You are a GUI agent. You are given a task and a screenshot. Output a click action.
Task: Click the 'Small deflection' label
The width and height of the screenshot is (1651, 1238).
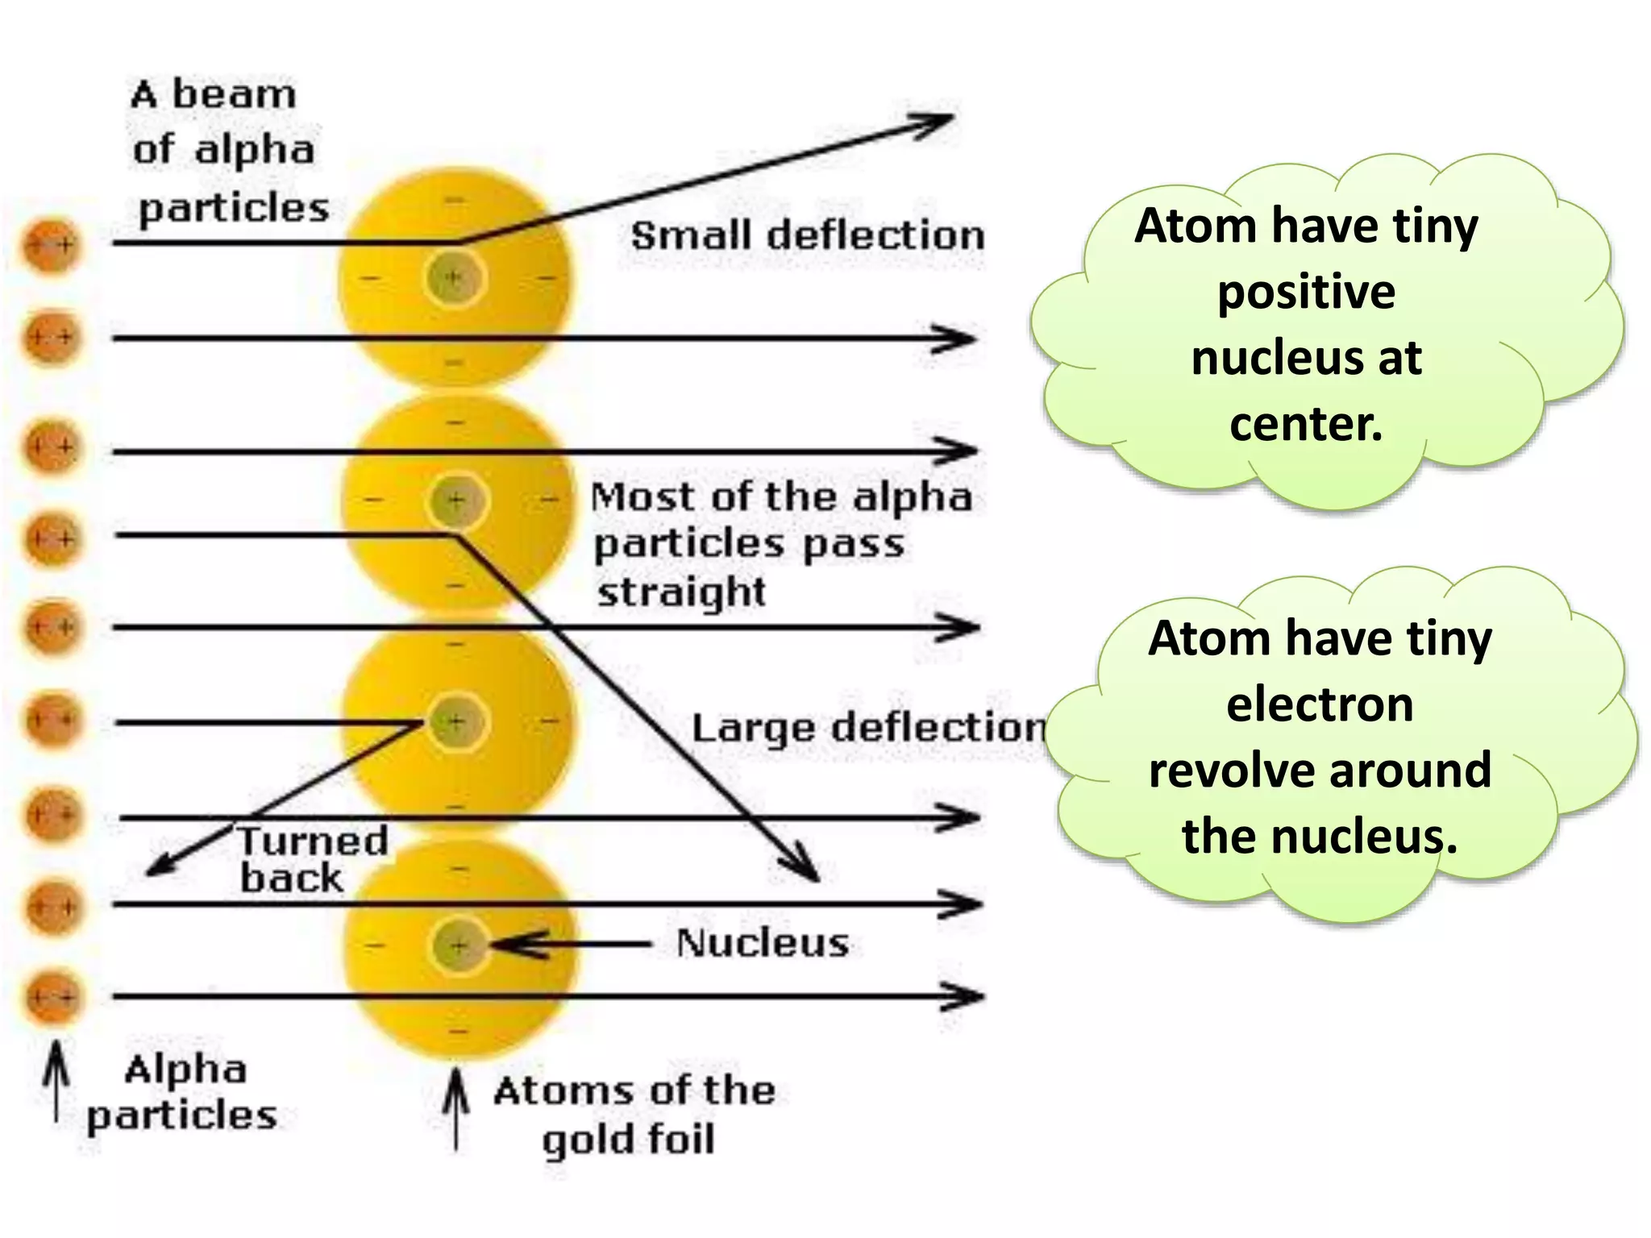807,235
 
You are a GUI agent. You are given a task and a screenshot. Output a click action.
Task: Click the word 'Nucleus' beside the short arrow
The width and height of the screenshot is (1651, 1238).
763,943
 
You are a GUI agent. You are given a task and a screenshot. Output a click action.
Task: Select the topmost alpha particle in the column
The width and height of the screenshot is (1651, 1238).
52,244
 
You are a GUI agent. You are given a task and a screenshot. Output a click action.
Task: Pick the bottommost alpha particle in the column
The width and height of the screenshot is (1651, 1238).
53,998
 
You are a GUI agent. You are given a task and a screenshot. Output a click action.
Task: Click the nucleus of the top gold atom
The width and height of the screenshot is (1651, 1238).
454,278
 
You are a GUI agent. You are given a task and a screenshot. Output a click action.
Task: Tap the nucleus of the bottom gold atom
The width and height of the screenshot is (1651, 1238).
459,945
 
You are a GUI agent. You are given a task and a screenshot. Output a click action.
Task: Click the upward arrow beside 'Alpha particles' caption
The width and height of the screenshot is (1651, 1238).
56,1080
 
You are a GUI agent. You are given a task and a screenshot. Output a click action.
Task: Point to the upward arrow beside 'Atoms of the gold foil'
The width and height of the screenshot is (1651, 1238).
456,1108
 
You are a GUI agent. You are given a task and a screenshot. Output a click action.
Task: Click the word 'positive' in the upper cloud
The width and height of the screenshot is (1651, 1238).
1306,291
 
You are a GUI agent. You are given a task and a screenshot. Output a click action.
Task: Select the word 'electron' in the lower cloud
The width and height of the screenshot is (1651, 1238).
1320,704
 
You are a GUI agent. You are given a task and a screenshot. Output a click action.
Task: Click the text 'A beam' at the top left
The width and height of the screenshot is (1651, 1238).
214,95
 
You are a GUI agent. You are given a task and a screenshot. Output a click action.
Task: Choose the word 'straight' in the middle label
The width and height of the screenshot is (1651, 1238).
681,592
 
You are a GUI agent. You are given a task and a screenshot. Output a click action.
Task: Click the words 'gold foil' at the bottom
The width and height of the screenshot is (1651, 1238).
628,1140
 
